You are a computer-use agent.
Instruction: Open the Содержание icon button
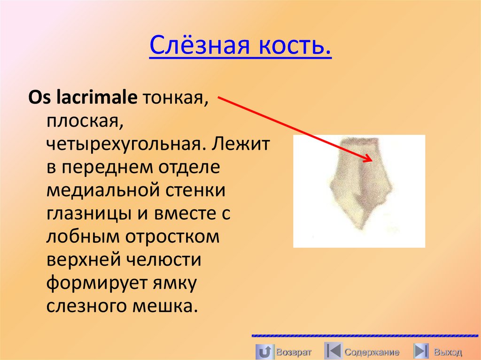333,351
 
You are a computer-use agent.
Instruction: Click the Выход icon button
421,351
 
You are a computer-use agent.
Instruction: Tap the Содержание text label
372,352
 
